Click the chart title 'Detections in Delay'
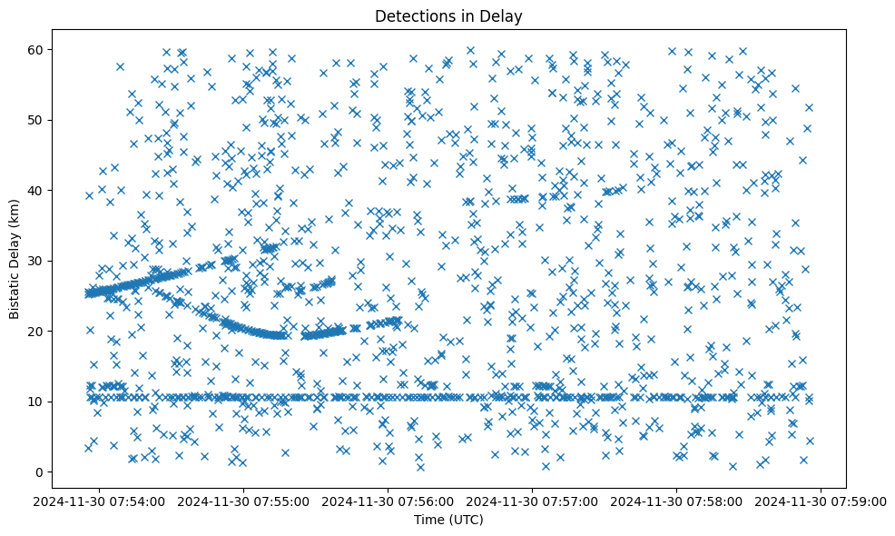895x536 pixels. tap(447, 15)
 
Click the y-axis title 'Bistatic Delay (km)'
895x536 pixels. tap(15, 260)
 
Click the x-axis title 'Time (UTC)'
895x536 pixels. tap(447, 520)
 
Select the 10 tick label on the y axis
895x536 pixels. tap(38, 401)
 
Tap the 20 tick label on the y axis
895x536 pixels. tap(38, 331)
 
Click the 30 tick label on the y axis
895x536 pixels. tap(38, 261)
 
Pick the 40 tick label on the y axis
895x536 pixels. tap(38, 190)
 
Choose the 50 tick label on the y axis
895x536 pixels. tap(38, 120)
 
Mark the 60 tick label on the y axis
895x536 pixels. tap(38, 49)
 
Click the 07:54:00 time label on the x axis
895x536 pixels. tap(99, 501)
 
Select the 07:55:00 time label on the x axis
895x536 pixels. tap(244, 501)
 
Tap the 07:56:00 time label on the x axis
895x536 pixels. tap(388, 501)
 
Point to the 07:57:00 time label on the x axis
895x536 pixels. tap(533, 501)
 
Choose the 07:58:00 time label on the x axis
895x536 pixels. tap(677, 501)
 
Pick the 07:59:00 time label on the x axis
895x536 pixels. tap(821, 501)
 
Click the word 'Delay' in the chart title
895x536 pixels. tap(504, 15)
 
